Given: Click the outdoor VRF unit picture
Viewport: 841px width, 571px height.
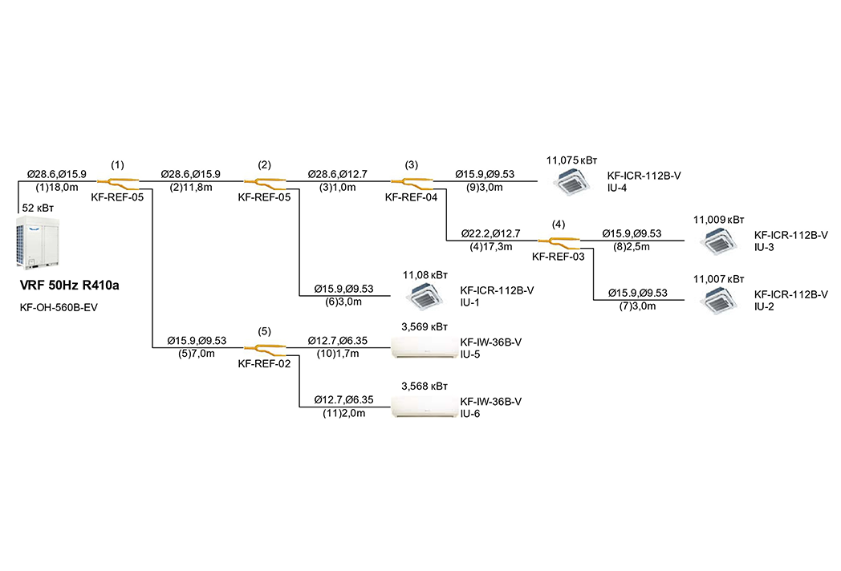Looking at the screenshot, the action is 38,242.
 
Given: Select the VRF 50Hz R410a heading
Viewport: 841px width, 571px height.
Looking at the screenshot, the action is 69,285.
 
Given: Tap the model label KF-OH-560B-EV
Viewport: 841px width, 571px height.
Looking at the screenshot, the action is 59,308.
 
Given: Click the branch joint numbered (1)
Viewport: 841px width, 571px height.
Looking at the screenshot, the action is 118,184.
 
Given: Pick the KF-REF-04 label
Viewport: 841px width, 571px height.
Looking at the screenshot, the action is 411,197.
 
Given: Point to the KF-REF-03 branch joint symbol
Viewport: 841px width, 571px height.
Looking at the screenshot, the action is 559,243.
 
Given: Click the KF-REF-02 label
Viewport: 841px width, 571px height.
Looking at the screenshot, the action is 264,363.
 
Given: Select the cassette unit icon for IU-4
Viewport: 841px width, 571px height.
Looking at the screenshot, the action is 572,182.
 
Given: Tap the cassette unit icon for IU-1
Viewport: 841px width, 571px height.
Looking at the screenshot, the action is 425,297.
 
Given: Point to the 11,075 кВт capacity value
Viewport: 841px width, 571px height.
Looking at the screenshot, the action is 571,160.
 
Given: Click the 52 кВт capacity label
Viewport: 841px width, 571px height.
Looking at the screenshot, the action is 38,208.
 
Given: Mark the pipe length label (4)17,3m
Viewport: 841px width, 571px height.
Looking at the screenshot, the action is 491,247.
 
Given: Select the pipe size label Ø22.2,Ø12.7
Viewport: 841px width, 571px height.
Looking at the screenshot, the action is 491,233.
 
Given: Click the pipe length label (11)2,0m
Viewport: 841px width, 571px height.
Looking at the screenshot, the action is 343,413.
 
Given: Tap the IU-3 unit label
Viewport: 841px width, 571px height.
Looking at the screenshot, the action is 764,247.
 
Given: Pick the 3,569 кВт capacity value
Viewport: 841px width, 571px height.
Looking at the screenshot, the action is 425,327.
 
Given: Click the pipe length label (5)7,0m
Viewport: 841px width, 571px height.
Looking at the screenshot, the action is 197,354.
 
